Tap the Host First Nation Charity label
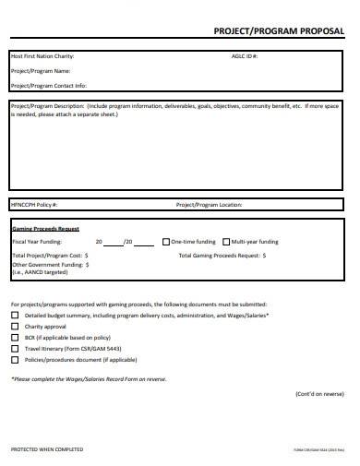[42, 56]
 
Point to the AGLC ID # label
[245, 56]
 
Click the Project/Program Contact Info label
[47, 84]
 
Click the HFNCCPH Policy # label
[34, 204]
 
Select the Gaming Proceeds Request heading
[44, 228]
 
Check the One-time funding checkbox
[165, 241]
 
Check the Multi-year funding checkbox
[225, 241]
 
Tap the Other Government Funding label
[48, 264]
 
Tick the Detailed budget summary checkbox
[14, 315]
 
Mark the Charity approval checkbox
[14, 327]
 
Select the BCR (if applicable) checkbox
[14, 338]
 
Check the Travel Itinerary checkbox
[14, 349]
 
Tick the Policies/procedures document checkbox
[14, 360]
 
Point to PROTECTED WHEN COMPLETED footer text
[46, 448]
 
